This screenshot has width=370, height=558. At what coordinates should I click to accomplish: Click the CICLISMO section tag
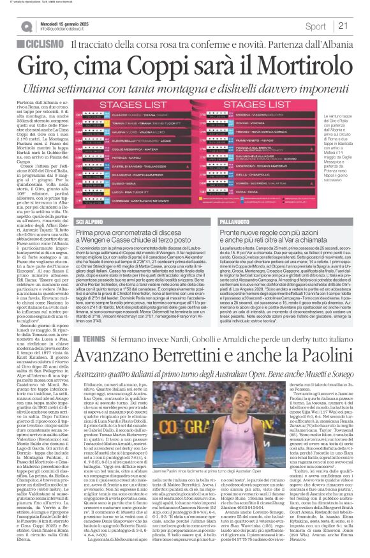(x=45, y=45)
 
